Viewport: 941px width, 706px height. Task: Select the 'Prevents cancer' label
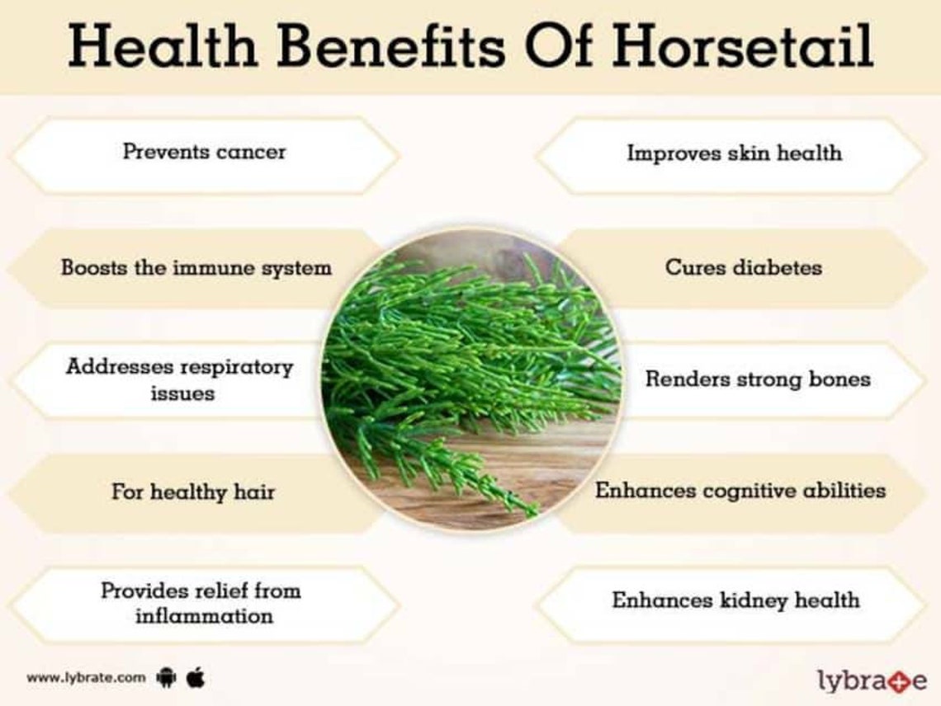pos(204,152)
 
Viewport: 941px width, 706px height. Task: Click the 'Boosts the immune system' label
pos(196,268)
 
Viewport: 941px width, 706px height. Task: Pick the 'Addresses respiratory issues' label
pos(180,379)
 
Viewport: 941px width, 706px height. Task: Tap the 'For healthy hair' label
pos(193,492)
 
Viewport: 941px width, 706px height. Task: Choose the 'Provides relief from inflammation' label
pos(201,603)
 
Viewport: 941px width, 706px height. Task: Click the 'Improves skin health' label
pos(734,153)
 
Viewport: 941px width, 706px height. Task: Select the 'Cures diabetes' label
pos(743,268)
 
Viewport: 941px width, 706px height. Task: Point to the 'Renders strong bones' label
pos(757,379)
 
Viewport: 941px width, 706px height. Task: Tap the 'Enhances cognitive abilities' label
pos(740,491)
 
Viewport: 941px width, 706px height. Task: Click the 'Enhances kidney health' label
pos(735,600)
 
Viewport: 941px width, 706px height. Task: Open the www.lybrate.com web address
pos(86,678)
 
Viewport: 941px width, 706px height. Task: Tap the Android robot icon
pos(166,678)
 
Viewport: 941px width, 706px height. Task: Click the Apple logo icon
pos(196,677)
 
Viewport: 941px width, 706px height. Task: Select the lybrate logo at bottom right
pos(872,680)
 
